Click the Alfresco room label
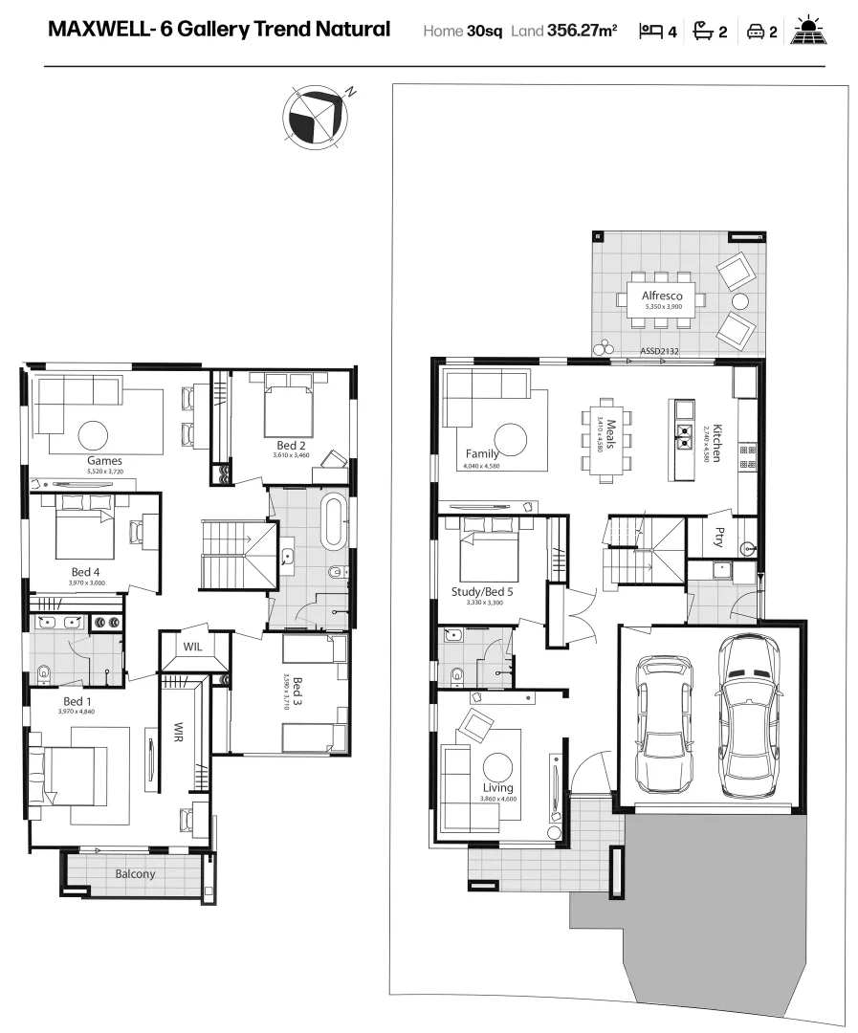click(x=662, y=297)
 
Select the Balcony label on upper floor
click(x=135, y=874)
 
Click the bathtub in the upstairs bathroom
click(x=337, y=522)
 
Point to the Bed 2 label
click(x=291, y=446)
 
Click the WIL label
click(x=193, y=647)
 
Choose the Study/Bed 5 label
click(x=482, y=592)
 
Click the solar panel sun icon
click(x=812, y=31)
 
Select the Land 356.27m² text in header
click(x=563, y=32)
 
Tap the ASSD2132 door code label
click(x=659, y=352)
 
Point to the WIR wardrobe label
click(x=177, y=734)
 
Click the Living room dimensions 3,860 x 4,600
click(x=498, y=798)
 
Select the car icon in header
click(x=755, y=32)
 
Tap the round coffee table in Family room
click(x=510, y=439)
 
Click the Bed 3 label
click(x=297, y=691)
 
